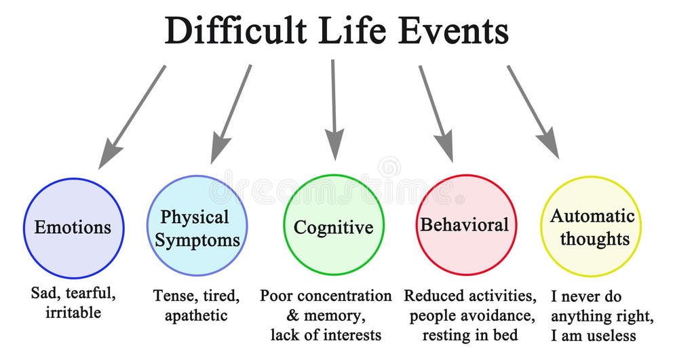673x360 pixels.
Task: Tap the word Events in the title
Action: tap(453, 31)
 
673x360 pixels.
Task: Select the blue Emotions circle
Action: tap(73, 227)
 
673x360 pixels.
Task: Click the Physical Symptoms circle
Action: tap(197, 227)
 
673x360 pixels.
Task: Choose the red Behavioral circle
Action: tap(466, 225)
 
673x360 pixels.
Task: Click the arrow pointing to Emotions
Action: tap(132, 116)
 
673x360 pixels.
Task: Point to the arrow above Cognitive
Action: tap(333, 108)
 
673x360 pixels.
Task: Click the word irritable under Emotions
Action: tap(73, 313)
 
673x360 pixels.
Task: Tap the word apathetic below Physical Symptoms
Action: tap(197, 315)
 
